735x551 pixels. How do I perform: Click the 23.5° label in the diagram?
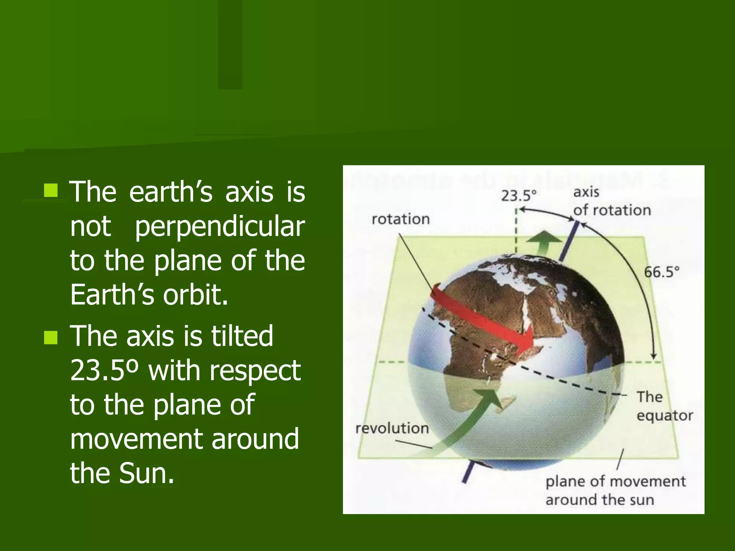tap(519, 196)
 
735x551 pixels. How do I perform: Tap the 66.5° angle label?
tap(661, 272)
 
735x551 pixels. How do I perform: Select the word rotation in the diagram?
tap(401, 219)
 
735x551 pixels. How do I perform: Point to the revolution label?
tap(392, 428)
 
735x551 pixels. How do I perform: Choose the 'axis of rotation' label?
tap(612, 201)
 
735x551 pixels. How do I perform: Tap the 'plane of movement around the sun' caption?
tap(615, 490)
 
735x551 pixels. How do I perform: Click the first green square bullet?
tap(51, 190)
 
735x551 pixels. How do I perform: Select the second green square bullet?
tap(51, 338)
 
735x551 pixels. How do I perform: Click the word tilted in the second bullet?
tap(242, 336)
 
